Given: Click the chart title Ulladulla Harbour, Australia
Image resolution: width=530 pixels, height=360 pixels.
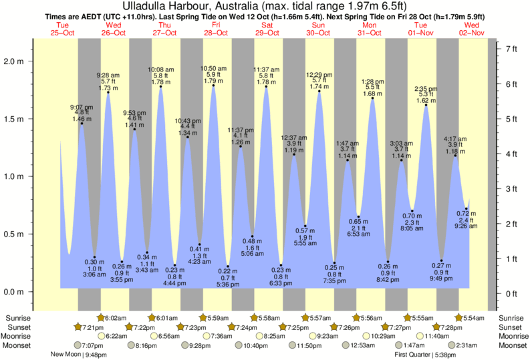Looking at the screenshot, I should tap(265, 7).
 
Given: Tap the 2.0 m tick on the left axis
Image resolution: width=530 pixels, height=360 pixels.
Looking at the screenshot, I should tap(18, 61).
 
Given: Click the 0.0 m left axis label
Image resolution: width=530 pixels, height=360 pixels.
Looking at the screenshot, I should tap(18, 292).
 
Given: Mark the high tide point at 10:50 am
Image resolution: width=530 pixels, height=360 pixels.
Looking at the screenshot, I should tap(213, 85).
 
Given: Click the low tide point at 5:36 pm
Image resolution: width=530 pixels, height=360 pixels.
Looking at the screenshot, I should tap(228, 266).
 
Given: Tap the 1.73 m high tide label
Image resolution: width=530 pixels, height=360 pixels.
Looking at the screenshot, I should tap(108, 88).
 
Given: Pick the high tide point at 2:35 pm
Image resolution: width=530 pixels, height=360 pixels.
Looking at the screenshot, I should tap(426, 105).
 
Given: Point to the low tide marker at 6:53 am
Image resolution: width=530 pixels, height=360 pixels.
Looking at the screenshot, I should tap(359, 216).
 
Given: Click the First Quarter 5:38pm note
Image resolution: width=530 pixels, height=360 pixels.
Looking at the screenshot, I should tap(425, 355).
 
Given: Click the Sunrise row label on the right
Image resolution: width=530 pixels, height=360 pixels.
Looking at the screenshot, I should tap(511, 318).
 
